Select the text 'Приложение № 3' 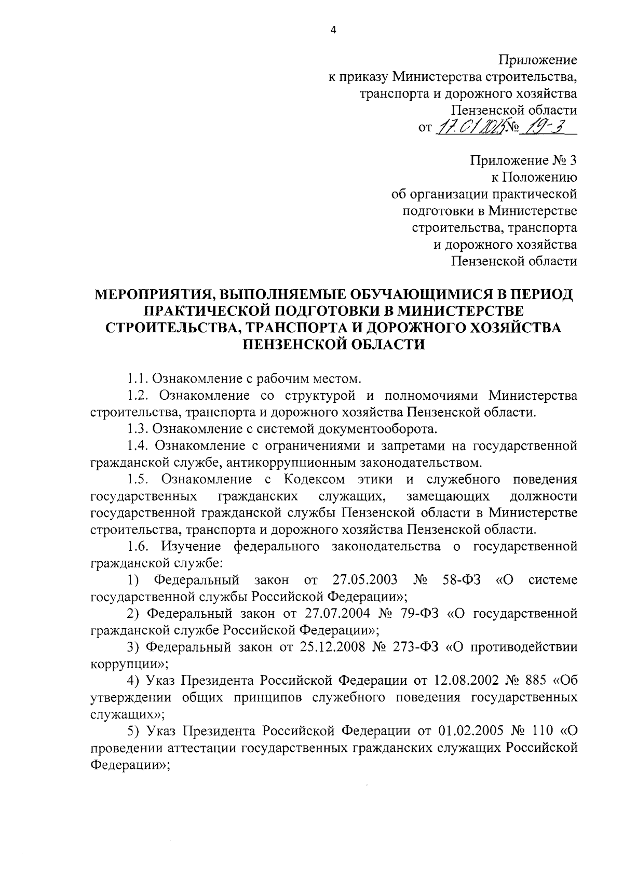(x=524, y=161)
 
